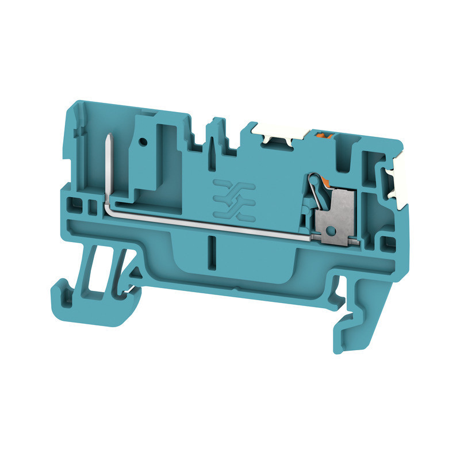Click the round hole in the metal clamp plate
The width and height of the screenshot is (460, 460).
(329, 231)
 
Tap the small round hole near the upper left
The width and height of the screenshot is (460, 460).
(142, 140)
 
